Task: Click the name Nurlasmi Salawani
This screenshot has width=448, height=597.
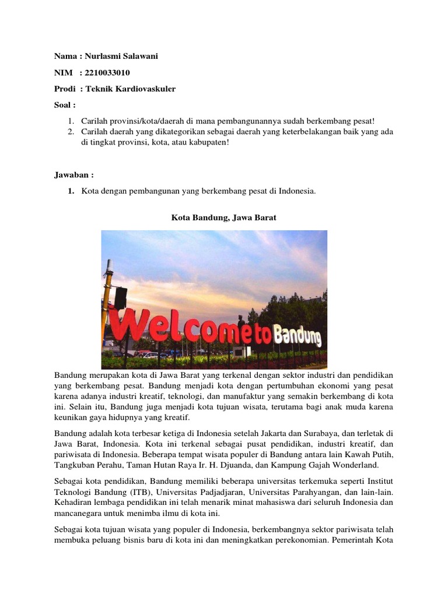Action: click(121, 56)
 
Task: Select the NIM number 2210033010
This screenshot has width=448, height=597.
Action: click(108, 72)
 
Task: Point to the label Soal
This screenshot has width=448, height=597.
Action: click(65, 105)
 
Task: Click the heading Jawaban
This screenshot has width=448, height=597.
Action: click(74, 174)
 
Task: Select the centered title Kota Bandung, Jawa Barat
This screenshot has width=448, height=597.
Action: click(223, 217)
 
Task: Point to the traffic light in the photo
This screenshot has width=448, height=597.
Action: click(120, 298)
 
